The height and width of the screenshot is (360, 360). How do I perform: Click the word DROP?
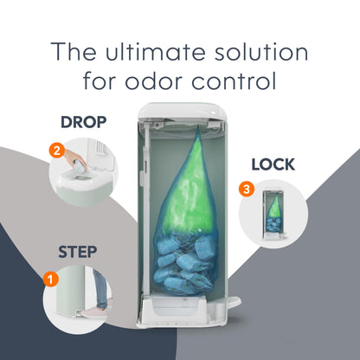pyautogui.click(x=83, y=122)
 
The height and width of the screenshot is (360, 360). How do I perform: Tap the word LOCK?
pyautogui.click(x=273, y=164)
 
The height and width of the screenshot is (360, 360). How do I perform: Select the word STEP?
pyautogui.click(x=77, y=252)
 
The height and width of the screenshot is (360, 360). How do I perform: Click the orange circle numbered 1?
pyautogui.click(x=51, y=280)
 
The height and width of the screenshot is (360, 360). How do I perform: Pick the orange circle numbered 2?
pyautogui.click(x=57, y=151)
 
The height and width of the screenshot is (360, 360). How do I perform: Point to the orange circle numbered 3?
pyautogui.click(x=247, y=190)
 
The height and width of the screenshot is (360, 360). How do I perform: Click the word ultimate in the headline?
pyautogui.click(x=156, y=52)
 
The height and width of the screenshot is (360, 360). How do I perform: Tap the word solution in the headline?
pyautogui.click(x=261, y=52)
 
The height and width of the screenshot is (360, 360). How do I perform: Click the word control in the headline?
pyautogui.click(x=234, y=81)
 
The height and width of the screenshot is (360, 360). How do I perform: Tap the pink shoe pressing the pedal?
pyautogui.click(x=94, y=312)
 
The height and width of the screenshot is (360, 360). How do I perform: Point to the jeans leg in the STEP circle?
pyautogui.click(x=100, y=288)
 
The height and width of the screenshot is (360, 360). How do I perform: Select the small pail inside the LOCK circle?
pyautogui.click(x=273, y=215)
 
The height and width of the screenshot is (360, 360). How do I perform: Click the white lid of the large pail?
pyautogui.click(x=182, y=111)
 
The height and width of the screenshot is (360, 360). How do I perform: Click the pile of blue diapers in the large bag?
pyautogui.click(x=185, y=261)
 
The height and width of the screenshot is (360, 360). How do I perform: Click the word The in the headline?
pyautogui.click(x=74, y=52)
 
